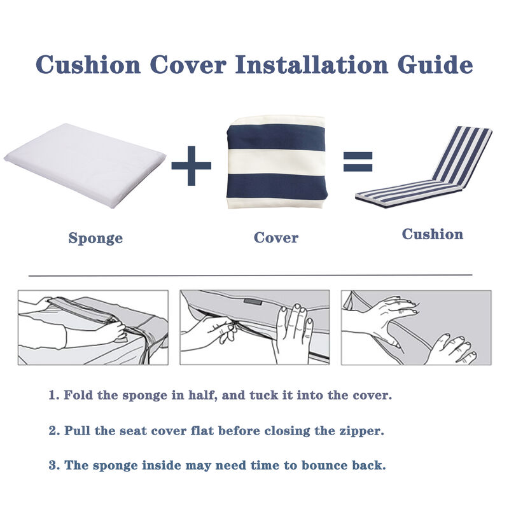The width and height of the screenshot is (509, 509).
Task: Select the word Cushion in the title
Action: [88, 65]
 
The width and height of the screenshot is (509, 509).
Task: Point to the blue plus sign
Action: [191, 165]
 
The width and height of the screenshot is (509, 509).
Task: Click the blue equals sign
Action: [358, 162]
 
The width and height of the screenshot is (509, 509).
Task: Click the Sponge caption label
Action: [95, 239]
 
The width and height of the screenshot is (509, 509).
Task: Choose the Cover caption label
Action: [275, 238]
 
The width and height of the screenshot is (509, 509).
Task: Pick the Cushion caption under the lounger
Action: [432, 234]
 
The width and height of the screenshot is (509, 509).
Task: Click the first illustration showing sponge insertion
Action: [93, 328]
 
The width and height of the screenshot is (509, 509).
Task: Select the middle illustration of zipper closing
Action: [254, 328]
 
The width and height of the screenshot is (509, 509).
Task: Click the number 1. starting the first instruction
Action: [54, 395]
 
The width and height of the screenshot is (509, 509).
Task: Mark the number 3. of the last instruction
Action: [54, 465]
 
